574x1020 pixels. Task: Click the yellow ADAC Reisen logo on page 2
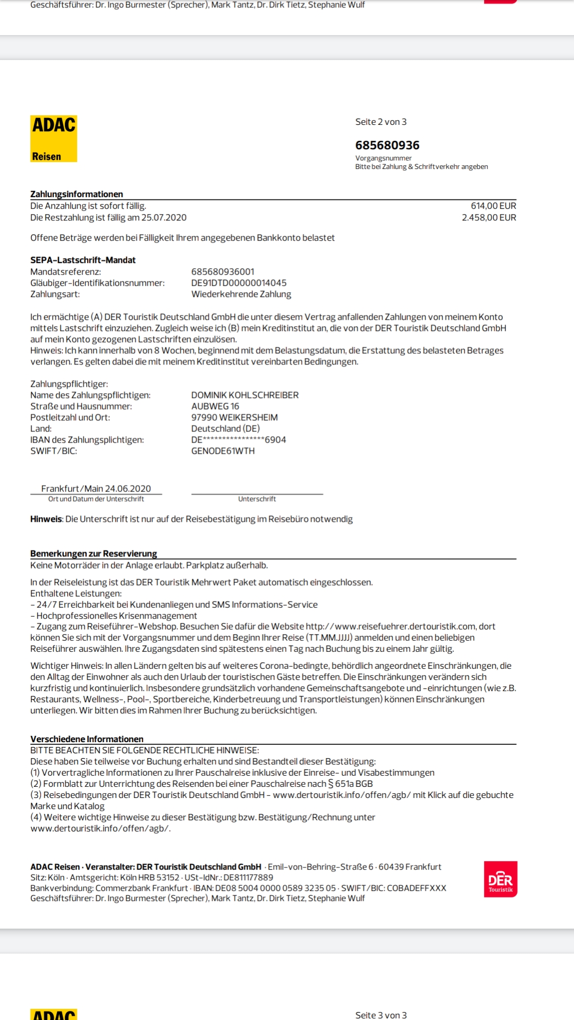point(54,139)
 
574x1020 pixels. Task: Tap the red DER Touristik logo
point(500,879)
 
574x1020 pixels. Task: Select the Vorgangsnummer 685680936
point(387,145)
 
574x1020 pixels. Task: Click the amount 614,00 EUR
point(493,206)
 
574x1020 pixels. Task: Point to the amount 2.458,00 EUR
point(489,217)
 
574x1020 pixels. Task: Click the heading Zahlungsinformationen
point(77,194)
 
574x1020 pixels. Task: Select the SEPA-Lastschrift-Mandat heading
point(83,260)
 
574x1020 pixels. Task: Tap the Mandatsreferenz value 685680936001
point(223,271)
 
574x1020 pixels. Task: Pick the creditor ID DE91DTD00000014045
point(239,283)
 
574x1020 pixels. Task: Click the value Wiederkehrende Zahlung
point(241,294)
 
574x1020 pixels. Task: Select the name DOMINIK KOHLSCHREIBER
point(245,395)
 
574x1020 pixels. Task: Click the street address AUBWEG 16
point(215,406)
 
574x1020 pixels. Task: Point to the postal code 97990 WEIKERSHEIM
point(234,417)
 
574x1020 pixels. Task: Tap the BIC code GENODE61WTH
point(223,450)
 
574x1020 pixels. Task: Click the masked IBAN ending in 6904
point(239,439)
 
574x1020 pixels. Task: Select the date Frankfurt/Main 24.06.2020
point(96,488)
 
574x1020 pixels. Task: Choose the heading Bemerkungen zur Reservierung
point(94,553)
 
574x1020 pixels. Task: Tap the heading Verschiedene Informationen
point(87,739)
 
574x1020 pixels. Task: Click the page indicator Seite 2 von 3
point(381,122)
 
